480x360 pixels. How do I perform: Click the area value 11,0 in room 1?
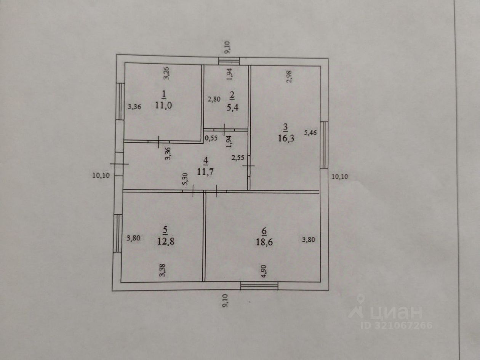pyautogui.click(x=163, y=106)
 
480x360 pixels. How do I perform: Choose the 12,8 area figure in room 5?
pyautogui.click(x=165, y=240)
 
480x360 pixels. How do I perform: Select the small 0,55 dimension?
pyautogui.click(x=211, y=138)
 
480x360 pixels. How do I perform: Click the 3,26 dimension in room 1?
pyautogui.click(x=166, y=73)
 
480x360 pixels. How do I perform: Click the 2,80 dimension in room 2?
pyautogui.click(x=214, y=100)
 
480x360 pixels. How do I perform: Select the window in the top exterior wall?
pyautogui.click(x=229, y=61)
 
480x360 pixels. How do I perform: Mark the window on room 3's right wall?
pyautogui.click(x=324, y=145)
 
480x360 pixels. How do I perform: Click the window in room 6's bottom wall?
pyautogui.click(x=259, y=285)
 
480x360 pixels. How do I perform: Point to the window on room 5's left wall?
pyautogui.click(x=118, y=233)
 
